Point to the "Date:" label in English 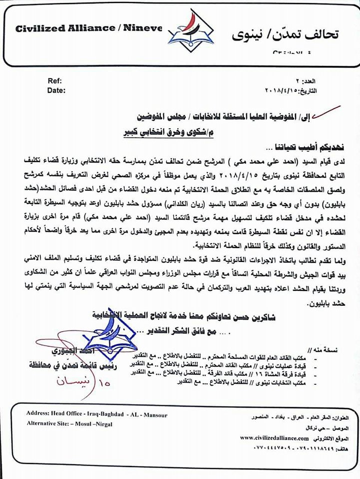(x=56, y=90)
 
